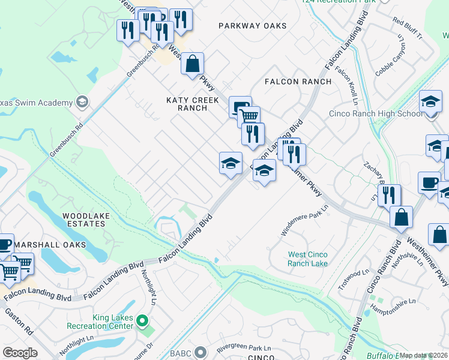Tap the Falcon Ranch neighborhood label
[298, 82]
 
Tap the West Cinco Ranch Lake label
[307, 259]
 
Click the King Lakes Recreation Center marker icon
[142, 322]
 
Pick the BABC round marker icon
[200, 352]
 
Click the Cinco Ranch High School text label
[376, 114]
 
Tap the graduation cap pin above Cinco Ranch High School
[430, 101]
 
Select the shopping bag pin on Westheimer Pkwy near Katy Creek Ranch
[192, 64]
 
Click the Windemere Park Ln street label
[305, 221]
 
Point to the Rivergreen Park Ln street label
[244, 348]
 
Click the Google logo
[20, 353]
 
